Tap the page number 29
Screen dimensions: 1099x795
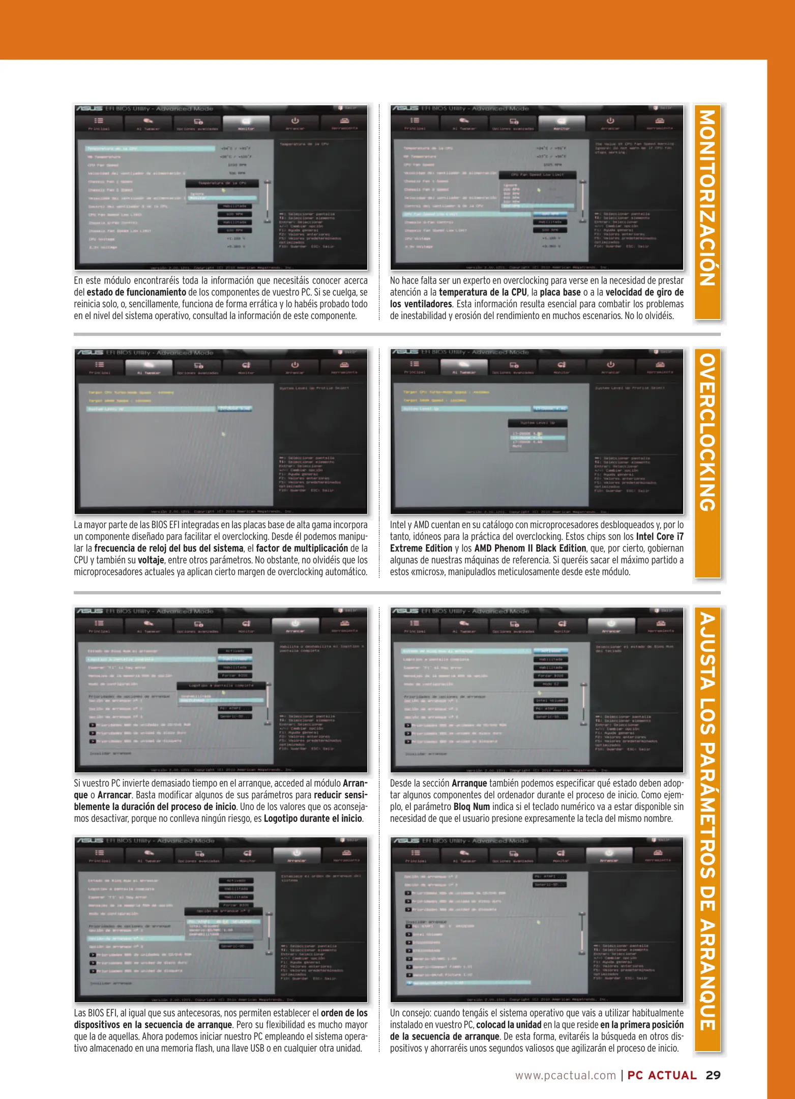[713, 1075]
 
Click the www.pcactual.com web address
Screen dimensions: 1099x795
[566, 1075]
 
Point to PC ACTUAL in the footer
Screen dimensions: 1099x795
[662, 1075]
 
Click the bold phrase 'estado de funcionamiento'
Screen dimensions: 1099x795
[136, 293]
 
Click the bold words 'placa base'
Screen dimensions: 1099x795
[560, 293]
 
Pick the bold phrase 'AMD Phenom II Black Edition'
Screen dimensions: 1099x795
[530, 548]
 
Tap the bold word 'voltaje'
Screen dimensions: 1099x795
[151, 560]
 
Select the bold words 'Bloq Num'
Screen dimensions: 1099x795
[472, 807]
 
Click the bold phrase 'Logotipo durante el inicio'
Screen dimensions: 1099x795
[313, 819]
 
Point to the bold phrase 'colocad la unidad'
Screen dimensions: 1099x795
[508, 1025]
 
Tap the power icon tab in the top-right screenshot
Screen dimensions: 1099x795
[610, 122]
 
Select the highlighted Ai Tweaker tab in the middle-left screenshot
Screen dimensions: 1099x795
[149, 366]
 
